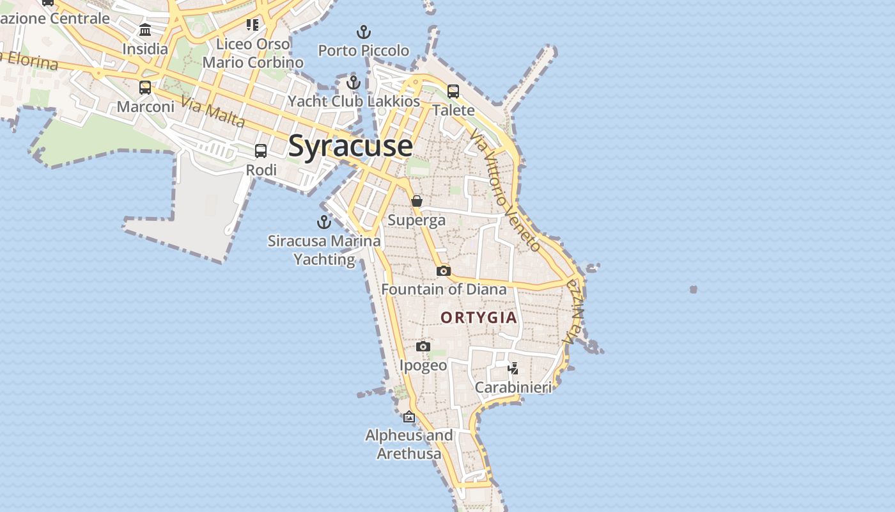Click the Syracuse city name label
350,146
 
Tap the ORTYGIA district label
479,317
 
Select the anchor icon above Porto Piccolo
363,31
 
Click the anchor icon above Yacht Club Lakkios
354,83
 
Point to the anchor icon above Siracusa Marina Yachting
324,222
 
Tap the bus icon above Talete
453,92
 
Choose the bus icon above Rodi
261,151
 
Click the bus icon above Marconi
145,88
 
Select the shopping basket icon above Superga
417,201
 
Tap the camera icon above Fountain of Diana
444,271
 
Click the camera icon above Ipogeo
423,346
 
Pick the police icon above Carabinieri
513,368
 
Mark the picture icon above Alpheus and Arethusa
409,417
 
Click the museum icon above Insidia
145,30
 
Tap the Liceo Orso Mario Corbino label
253,53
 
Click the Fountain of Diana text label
444,289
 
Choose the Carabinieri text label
513,387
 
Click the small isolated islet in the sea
694,289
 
